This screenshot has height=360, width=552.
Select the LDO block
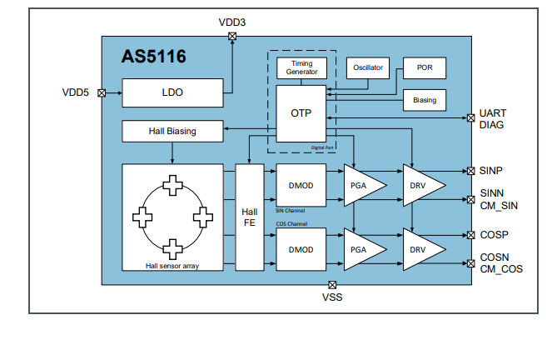[172, 92]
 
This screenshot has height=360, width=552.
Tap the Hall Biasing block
[172, 131]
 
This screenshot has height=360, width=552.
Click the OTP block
[301, 112]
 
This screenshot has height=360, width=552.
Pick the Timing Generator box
[301, 67]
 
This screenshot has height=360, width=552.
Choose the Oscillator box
[367, 67]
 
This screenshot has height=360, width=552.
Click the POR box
[425, 67]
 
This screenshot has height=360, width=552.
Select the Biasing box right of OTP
[425, 100]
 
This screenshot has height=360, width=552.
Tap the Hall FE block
[249, 217]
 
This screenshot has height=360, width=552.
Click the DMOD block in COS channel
[300, 249]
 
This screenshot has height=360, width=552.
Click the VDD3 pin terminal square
[232, 36]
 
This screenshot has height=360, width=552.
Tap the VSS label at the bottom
[332, 297]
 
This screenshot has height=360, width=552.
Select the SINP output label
[492, 171]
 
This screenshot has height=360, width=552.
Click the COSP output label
[494, 235]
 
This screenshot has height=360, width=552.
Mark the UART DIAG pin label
[492, 118]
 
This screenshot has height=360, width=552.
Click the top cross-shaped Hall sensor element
[172, 185]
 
